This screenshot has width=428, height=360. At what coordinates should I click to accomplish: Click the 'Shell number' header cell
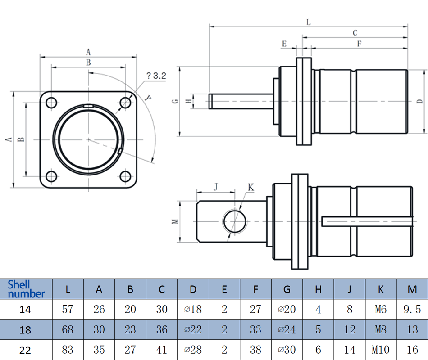(x=26, y=289)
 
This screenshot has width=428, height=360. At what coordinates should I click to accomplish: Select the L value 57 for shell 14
(x=68, y=309)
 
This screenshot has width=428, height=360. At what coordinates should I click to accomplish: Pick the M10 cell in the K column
(x=380, y=349)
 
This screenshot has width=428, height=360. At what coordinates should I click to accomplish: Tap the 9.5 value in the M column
(x=412, y=309)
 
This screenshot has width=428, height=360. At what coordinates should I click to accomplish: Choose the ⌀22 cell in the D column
(x=193, y=329)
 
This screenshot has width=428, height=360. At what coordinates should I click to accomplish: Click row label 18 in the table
(x=26, y=329)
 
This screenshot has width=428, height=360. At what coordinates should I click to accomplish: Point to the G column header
(x=287, y=289)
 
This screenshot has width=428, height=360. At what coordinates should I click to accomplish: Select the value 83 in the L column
(x=68, y=349)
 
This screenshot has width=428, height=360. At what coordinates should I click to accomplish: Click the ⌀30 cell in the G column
(x=287, y=349)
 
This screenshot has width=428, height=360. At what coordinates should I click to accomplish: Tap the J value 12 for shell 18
(x=350, y=329)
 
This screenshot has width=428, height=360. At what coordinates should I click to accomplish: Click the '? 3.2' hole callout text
(x=156, y=76)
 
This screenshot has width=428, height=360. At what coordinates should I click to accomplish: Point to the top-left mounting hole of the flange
(x=51, y=103)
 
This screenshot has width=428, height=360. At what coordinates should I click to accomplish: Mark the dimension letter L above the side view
(x=309, y=22)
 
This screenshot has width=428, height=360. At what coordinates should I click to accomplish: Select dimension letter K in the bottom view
(x=251, y=186)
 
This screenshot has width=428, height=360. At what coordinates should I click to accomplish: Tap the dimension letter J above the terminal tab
(x=216, y=186)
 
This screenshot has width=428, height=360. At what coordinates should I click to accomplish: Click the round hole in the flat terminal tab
(x=235, y=221)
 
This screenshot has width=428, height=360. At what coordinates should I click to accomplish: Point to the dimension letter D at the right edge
(x=419, y=101)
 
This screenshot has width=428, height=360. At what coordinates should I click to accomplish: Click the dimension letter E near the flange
(x=284, y=44)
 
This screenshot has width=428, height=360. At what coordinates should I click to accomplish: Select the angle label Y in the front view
(x=148, y=98)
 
